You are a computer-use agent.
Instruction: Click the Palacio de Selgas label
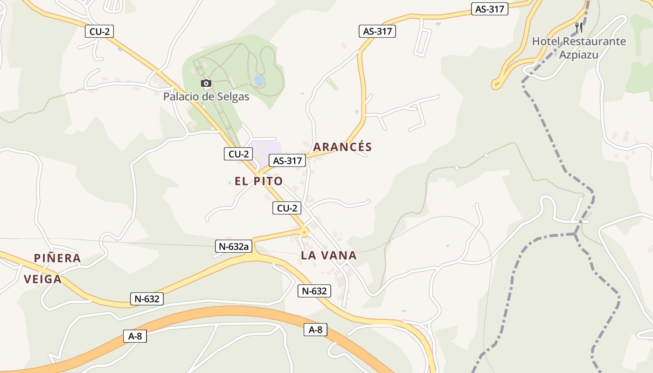tap(206, 97)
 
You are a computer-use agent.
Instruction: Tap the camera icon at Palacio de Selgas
tap(206, 83)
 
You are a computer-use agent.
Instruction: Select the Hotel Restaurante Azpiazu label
tap(579, 48)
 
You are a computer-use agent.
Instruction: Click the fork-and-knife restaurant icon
tap(579, 27)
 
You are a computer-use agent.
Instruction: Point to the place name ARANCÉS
tap(342, 147)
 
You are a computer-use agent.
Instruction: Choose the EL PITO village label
tap(259, 181)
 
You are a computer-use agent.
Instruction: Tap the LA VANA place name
tap(329, 256)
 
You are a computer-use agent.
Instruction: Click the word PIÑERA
tap(58, 258)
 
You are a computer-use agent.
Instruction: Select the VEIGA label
tap(42, 279)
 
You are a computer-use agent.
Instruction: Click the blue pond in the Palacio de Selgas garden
tap(259, 81)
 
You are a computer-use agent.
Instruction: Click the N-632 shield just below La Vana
tap(314, 291)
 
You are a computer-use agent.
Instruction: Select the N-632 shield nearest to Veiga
tap(147, 299)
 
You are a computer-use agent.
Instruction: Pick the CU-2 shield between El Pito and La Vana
tap(287, 208)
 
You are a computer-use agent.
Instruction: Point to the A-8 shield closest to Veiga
tap(135, 336)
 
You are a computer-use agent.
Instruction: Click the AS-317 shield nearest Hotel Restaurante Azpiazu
tap(491, 9)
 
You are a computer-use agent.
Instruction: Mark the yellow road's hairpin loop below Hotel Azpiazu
tap(497, 84)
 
